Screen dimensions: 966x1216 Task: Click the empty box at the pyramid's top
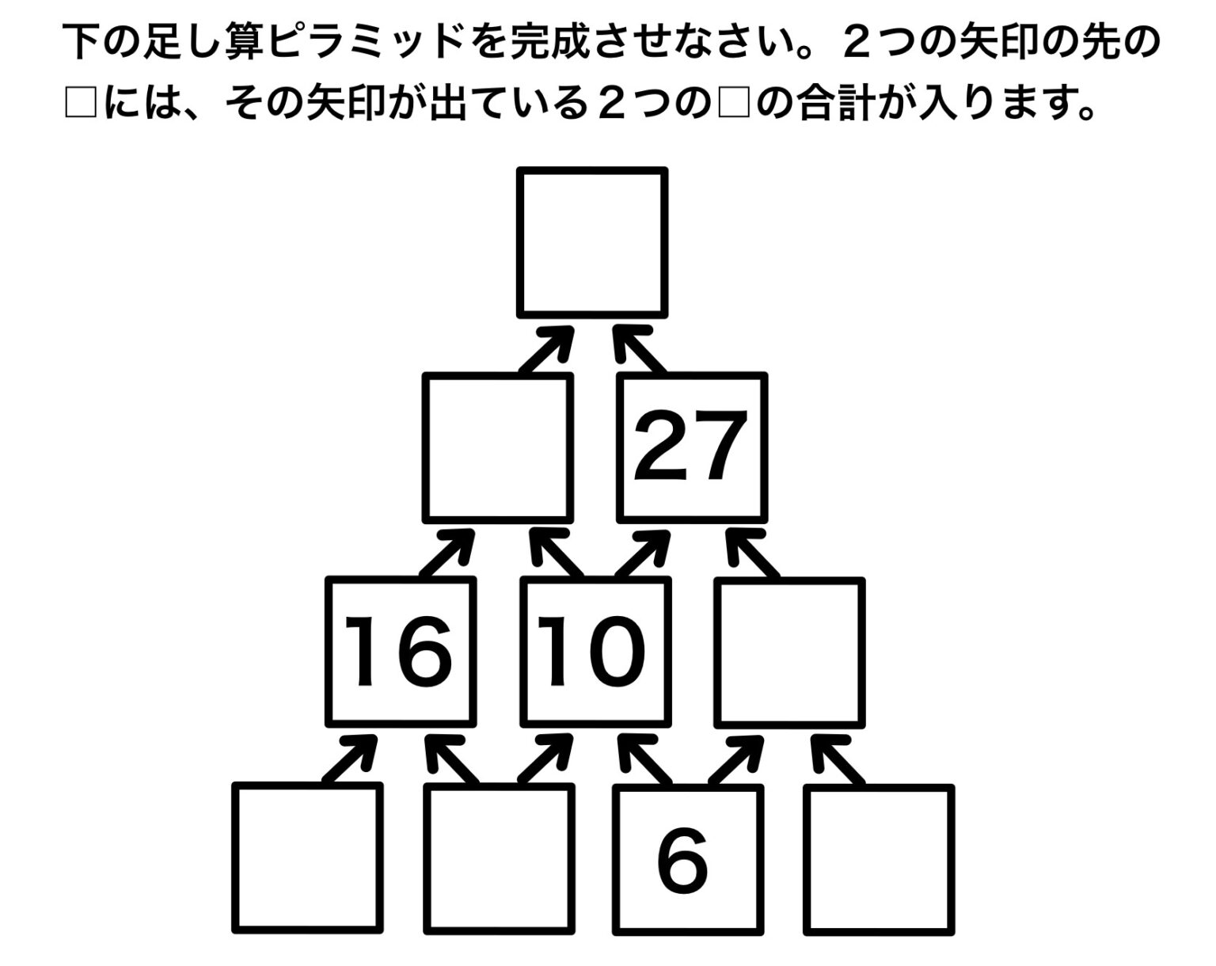[592, 241]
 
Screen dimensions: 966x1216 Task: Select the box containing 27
[691, 447]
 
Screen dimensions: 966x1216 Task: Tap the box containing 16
[401, 652]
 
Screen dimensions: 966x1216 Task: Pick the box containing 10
[595, 652]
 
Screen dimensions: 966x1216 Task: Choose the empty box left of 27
[498, 447]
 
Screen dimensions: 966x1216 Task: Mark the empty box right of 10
[789, 652]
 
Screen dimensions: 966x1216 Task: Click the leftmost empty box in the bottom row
[308, 858]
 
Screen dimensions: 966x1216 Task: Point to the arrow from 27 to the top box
[638, 348]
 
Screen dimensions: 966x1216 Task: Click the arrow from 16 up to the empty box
[447, 553]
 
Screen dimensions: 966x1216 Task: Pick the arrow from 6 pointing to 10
[643, 759]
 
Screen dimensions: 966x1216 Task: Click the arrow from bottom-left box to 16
[350, 759]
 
